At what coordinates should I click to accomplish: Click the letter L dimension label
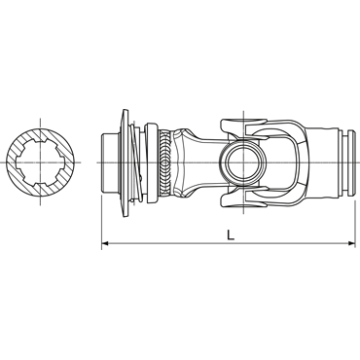click(231, 234)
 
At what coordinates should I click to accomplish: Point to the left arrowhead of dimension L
click(105, 243)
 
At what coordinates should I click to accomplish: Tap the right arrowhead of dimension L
click(352, 243)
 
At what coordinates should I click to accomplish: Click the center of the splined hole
click(40, 162)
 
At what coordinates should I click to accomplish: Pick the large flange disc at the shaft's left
click(125, 162)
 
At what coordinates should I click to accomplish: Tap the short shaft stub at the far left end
click(111, 162)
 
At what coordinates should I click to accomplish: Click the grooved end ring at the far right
click(351, 162)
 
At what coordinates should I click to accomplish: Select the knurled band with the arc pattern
click(165, 162)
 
